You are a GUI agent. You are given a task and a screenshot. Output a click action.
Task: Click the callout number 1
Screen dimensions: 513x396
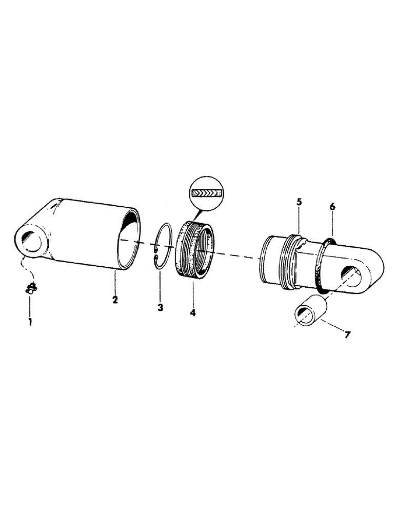pos(29,322)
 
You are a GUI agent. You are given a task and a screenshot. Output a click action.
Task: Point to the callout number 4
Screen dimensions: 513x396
pos(193,311)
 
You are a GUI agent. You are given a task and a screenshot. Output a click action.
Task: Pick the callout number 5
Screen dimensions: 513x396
pos(299,203)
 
